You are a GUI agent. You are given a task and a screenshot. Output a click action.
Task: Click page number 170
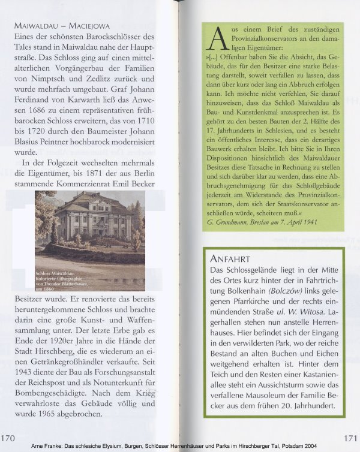(9, 438)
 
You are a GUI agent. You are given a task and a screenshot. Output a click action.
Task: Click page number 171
(351, 438)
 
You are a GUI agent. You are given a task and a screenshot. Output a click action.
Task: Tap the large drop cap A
(215, 39)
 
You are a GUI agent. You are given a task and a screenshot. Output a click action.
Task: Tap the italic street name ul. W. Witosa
(304, 312)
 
